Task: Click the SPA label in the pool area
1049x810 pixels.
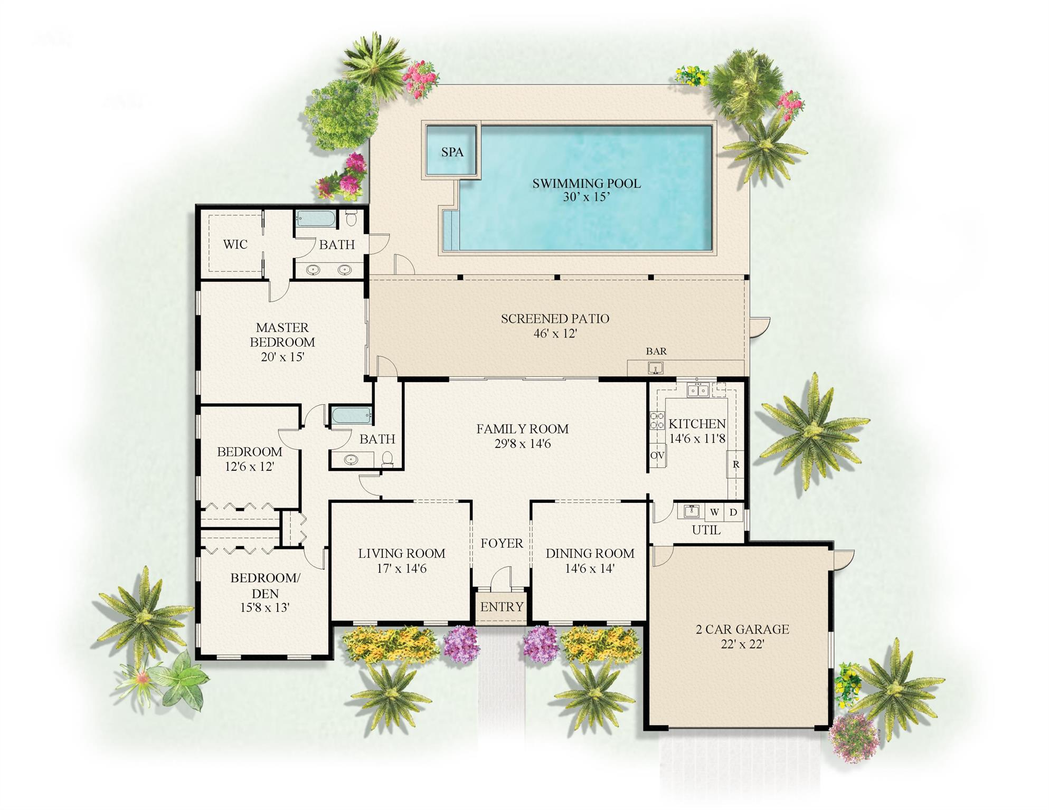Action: tap(452, 152)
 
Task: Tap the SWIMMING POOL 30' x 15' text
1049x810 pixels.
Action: tap(586, 190)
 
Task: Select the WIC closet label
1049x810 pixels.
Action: tap(235, 244)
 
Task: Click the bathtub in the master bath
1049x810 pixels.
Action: tap(316, 218)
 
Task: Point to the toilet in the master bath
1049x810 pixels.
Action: tap(351, 217)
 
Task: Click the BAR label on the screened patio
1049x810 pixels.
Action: tap(656, 351)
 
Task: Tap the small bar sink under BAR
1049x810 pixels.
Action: tap(655, 368)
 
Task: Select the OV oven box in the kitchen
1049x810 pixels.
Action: tap(657, 455)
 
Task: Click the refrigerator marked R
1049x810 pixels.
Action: tap(735, 464)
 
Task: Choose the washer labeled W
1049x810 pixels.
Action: tap(714, 512)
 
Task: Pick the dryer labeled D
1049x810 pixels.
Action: tap(733, 512)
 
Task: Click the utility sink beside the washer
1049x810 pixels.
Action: tap(691, 511)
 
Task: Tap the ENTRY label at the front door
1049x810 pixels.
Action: tap(502, 607)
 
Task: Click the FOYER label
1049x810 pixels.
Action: tap(502, 543)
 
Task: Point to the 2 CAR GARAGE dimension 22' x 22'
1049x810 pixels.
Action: tap(742, 644)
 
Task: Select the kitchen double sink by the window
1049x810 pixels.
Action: tap(697, 390)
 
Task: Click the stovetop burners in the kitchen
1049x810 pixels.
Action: tap(657, 421)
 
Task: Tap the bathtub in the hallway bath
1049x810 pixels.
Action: tap(352, 415)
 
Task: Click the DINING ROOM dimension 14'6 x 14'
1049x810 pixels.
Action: tap(590, 568)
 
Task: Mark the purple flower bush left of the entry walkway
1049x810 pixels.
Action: tap(461, 644)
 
